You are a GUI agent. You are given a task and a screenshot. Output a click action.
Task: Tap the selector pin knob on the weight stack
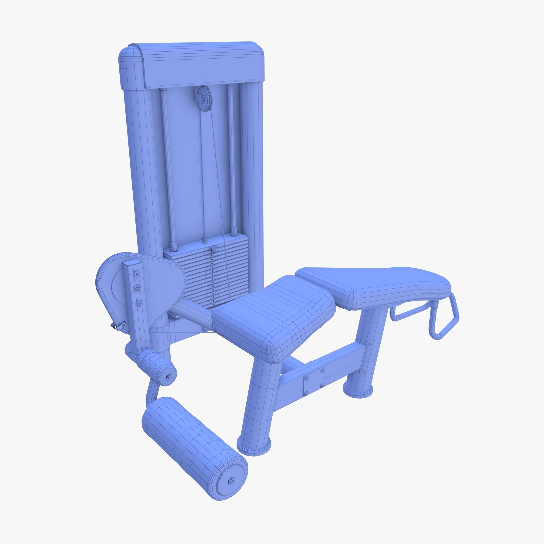[x=215, y=249]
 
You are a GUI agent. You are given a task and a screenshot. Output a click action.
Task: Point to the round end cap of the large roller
[x=231, y=480]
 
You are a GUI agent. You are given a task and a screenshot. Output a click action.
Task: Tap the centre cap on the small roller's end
[x=168, y=376]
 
